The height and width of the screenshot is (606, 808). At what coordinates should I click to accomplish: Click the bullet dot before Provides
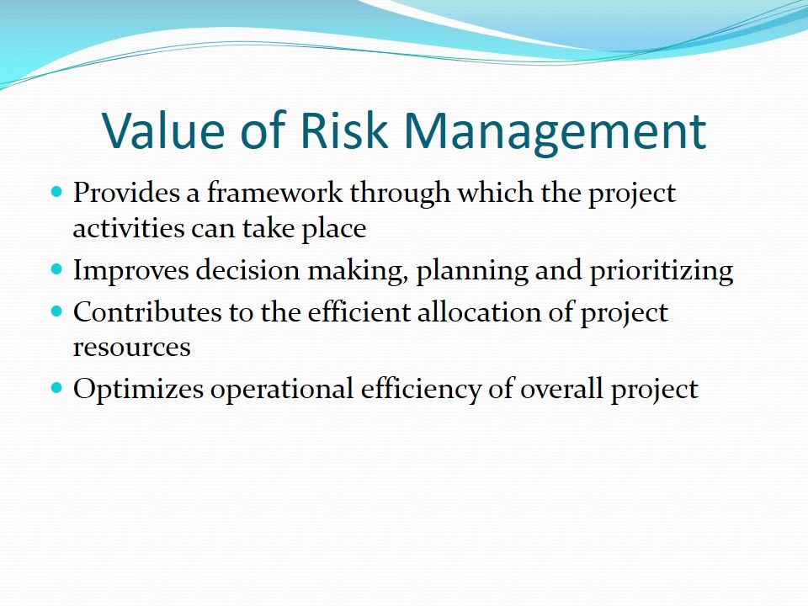pos(57,192)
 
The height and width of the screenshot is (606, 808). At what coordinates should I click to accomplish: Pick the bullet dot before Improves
pos(57,269)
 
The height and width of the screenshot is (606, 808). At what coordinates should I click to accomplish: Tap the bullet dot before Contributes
pos(57,311)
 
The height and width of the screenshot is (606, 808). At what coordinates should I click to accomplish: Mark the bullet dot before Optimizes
pos(57,388)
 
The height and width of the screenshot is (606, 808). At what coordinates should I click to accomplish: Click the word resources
pos(131,347)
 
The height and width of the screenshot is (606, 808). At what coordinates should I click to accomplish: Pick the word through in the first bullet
pos(401,194)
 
